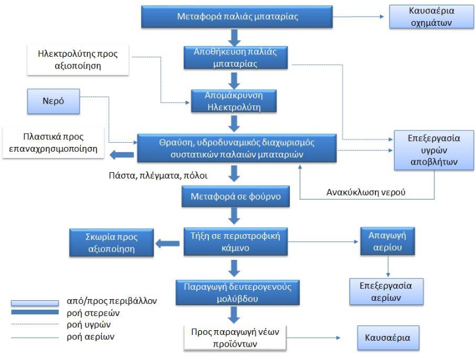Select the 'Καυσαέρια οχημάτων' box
click(x=432, y=17)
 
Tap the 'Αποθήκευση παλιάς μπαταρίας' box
click(x=235, y=57)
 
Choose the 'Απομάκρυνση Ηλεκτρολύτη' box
click(x=235, y=101)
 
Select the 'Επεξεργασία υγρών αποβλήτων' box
click(x=434, y=150)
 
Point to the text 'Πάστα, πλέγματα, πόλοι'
click(x=158, y=175)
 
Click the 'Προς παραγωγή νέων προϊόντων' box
click(x=235, y=338)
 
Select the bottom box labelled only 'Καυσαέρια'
click(x=388, y=338)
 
